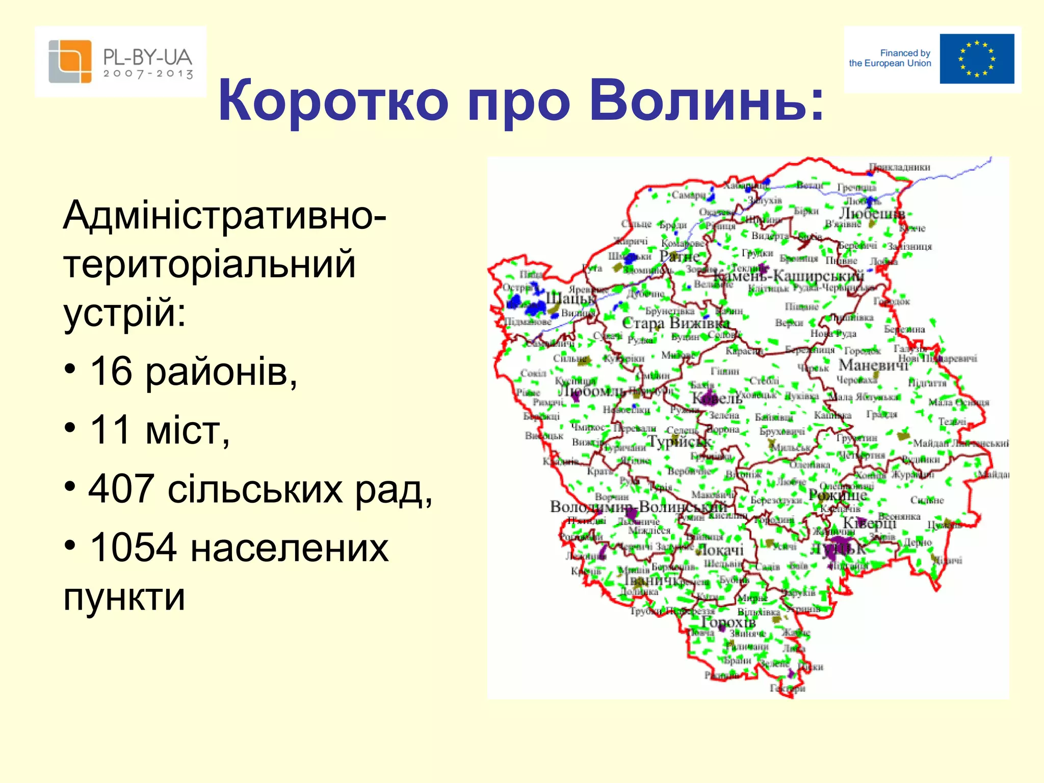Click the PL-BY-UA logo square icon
70,62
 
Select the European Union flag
977,59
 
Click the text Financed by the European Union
890,58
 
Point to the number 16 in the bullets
111,371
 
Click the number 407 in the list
121,488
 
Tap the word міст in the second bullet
187,430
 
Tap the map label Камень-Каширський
788,276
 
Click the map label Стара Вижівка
676,323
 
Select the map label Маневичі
873,365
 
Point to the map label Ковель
716,398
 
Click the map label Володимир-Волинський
638,507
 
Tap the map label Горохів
728,622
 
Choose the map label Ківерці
869,523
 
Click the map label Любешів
872,213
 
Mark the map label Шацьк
570,298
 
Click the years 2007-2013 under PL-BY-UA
148,74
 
